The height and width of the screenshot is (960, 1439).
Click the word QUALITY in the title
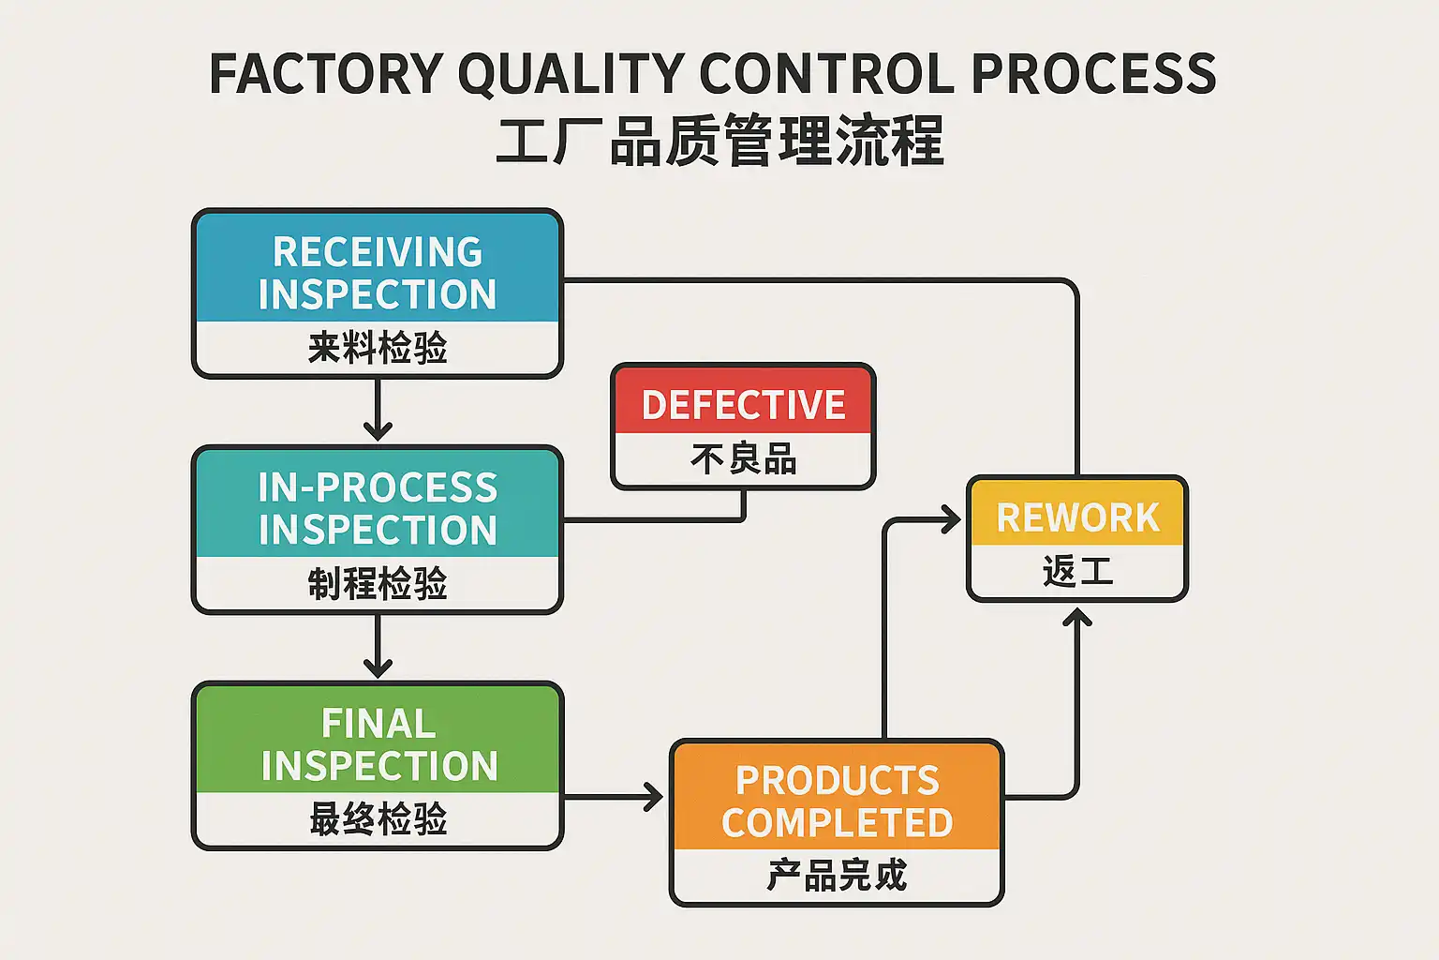[x=571, y=75]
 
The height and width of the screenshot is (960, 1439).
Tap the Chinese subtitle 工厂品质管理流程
[x=719, y=142]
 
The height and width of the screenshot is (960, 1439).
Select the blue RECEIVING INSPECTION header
[x=378, y=272]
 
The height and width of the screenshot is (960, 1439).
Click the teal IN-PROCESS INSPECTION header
[x=378, y=508]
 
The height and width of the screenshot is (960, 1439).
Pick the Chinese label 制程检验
[x=378, y=584]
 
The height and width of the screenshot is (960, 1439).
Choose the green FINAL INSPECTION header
[x=378, y=744]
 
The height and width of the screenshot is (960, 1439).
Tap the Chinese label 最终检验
[x=378, y=819]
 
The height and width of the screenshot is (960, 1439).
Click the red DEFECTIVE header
[x=743, y=405]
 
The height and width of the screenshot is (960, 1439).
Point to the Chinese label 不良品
[x=743, y=459]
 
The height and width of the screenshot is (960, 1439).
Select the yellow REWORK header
[x=1077, y=517]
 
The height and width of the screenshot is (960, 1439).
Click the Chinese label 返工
[x=1077, y=571]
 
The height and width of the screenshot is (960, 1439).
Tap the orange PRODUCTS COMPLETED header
[x=837, y=802]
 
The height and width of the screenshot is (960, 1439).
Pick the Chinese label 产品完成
[x=837, y=876]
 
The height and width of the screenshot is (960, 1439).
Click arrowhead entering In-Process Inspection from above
[x=378, y=431]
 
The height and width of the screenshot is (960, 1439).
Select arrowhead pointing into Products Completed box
[x=653, y=798]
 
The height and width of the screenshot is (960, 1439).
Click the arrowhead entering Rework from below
[x=1077, y=618]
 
